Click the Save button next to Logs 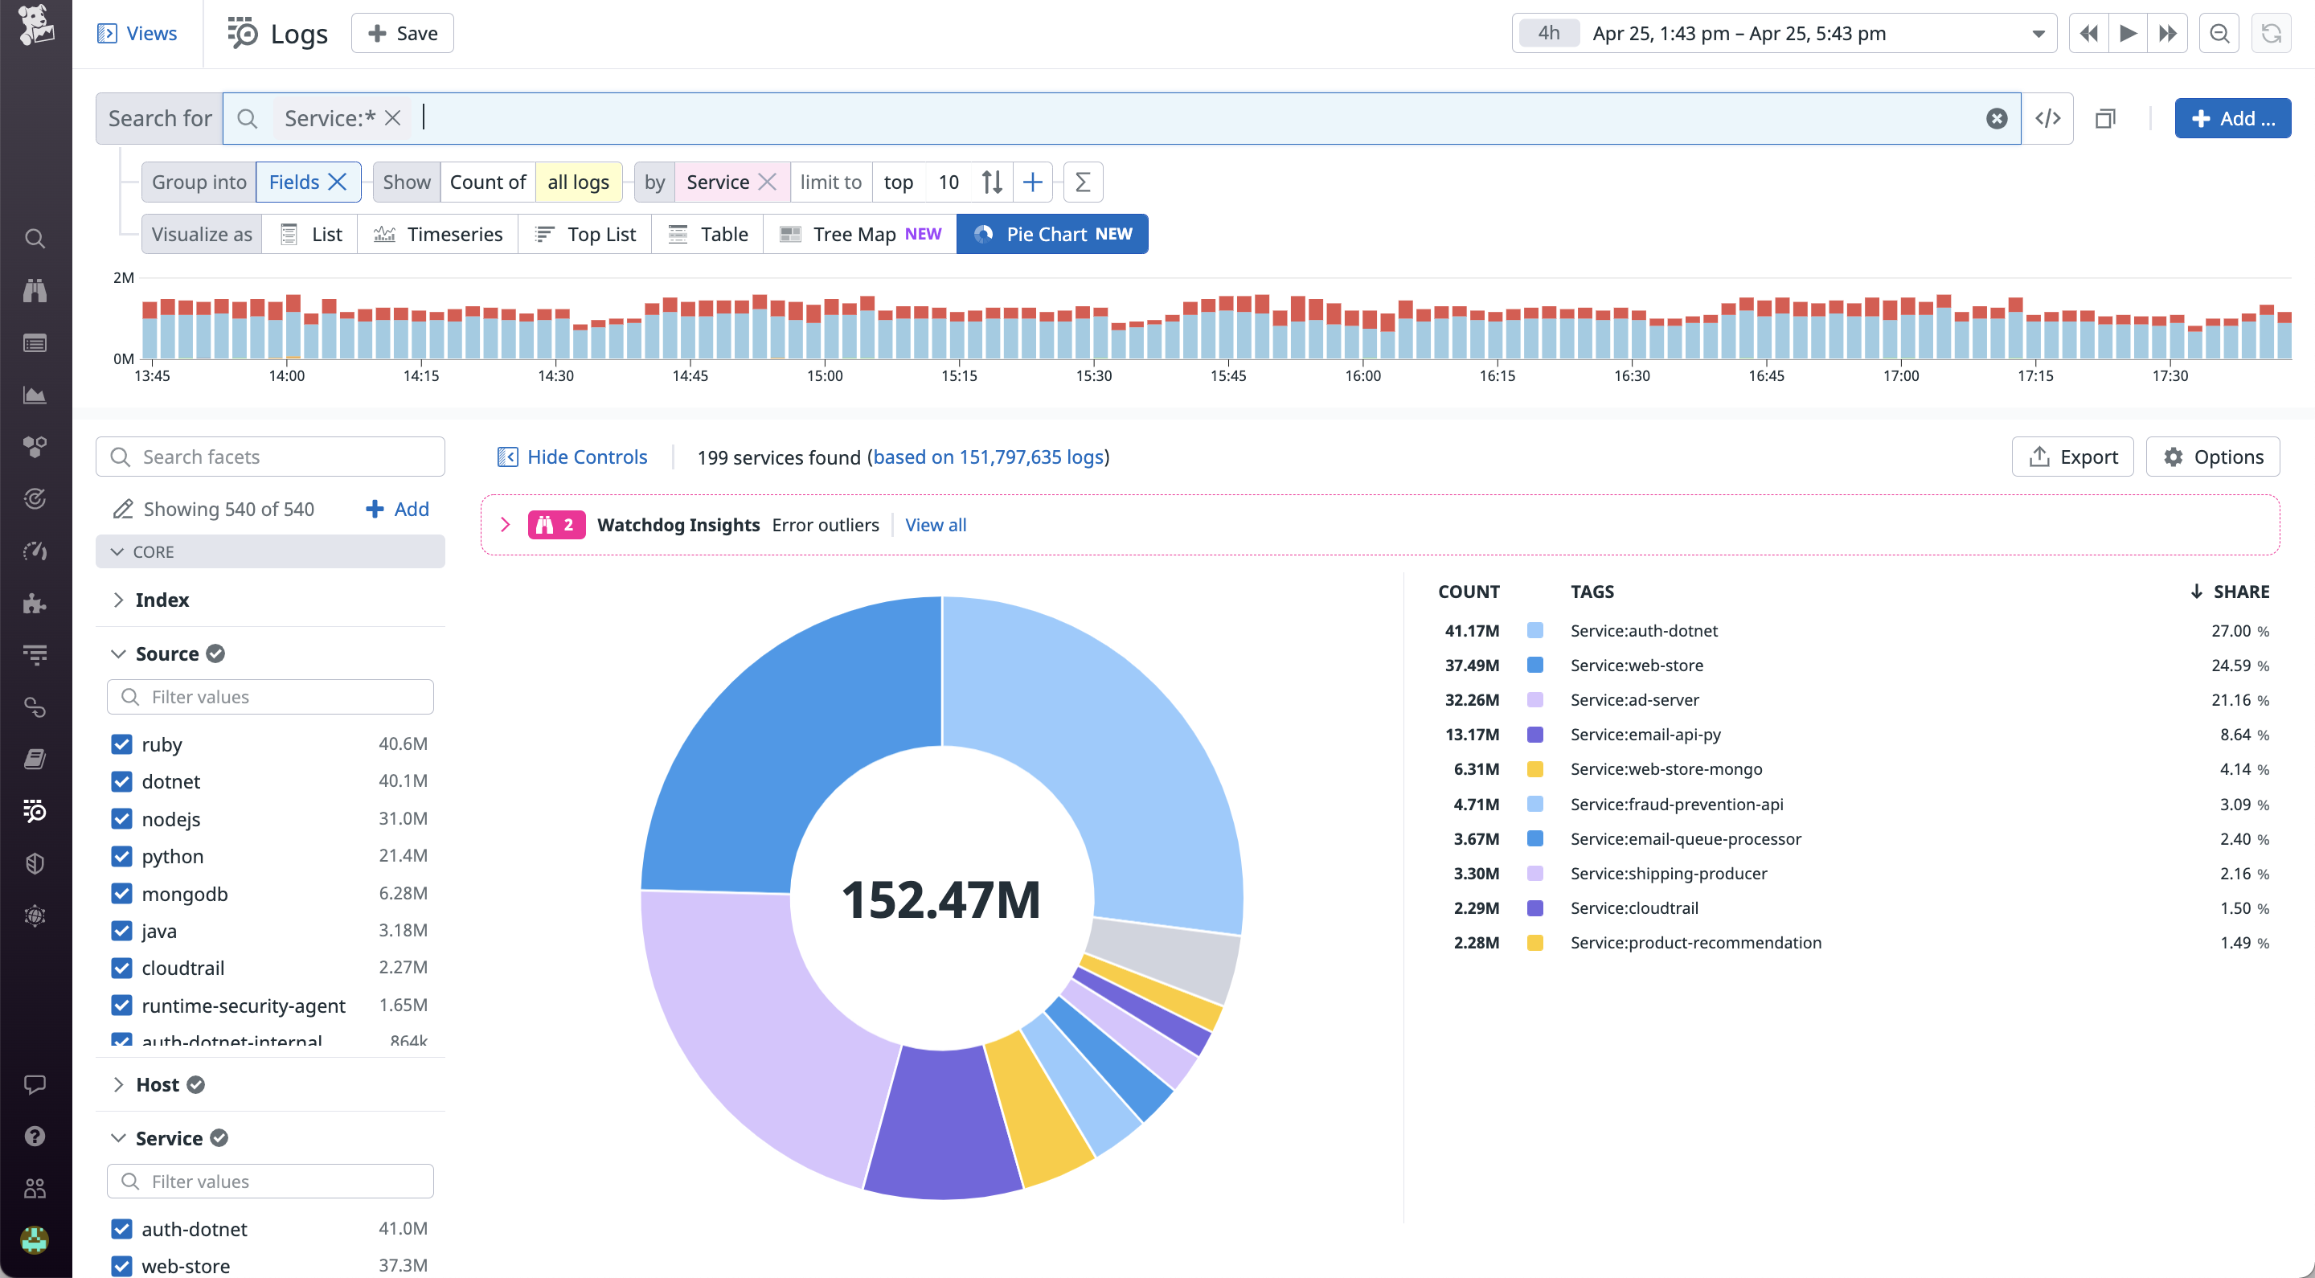[x=403, y=33]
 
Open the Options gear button [x=2213, y=457]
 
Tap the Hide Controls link [x=572, y=457]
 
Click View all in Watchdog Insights [x=936, y=525]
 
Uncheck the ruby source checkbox [x=121, y=744]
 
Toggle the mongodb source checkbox [x=121, y=893]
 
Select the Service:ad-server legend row [x=1634, y=700]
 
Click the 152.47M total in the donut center [x=940, y=899]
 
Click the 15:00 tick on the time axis [x=824, y=375]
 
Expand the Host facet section [x=158, y=1085]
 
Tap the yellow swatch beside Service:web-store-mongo [x=1535, y=769]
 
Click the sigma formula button [x=1082, y=182]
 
